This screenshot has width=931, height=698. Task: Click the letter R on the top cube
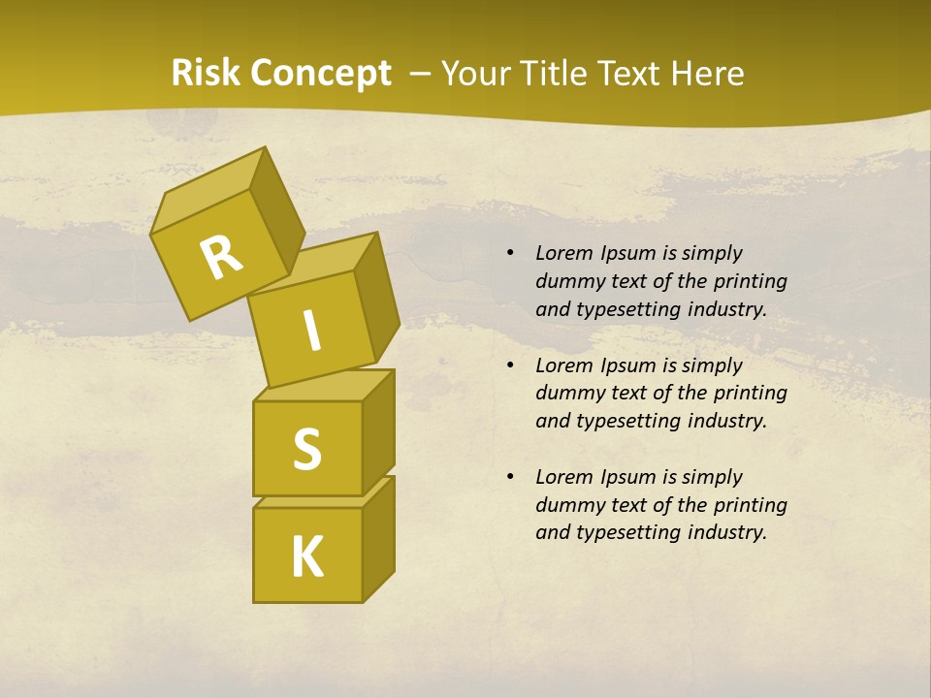pos(221,257)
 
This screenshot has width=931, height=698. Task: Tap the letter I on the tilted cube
pos(311,332)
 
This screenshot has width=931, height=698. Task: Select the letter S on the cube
pos(306,448)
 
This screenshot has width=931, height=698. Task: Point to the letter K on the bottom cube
pos(306,556)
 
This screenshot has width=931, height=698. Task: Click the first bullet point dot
pos(510,254)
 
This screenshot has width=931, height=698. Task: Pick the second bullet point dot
pos(510,365)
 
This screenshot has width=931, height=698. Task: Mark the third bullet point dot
pos(510,477)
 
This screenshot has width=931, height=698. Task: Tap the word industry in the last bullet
pos(727,532)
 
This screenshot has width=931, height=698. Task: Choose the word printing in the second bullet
pos(750,393)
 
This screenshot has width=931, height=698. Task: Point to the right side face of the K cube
pos(378,539)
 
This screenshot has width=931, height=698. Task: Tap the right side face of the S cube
pos(378,430)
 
